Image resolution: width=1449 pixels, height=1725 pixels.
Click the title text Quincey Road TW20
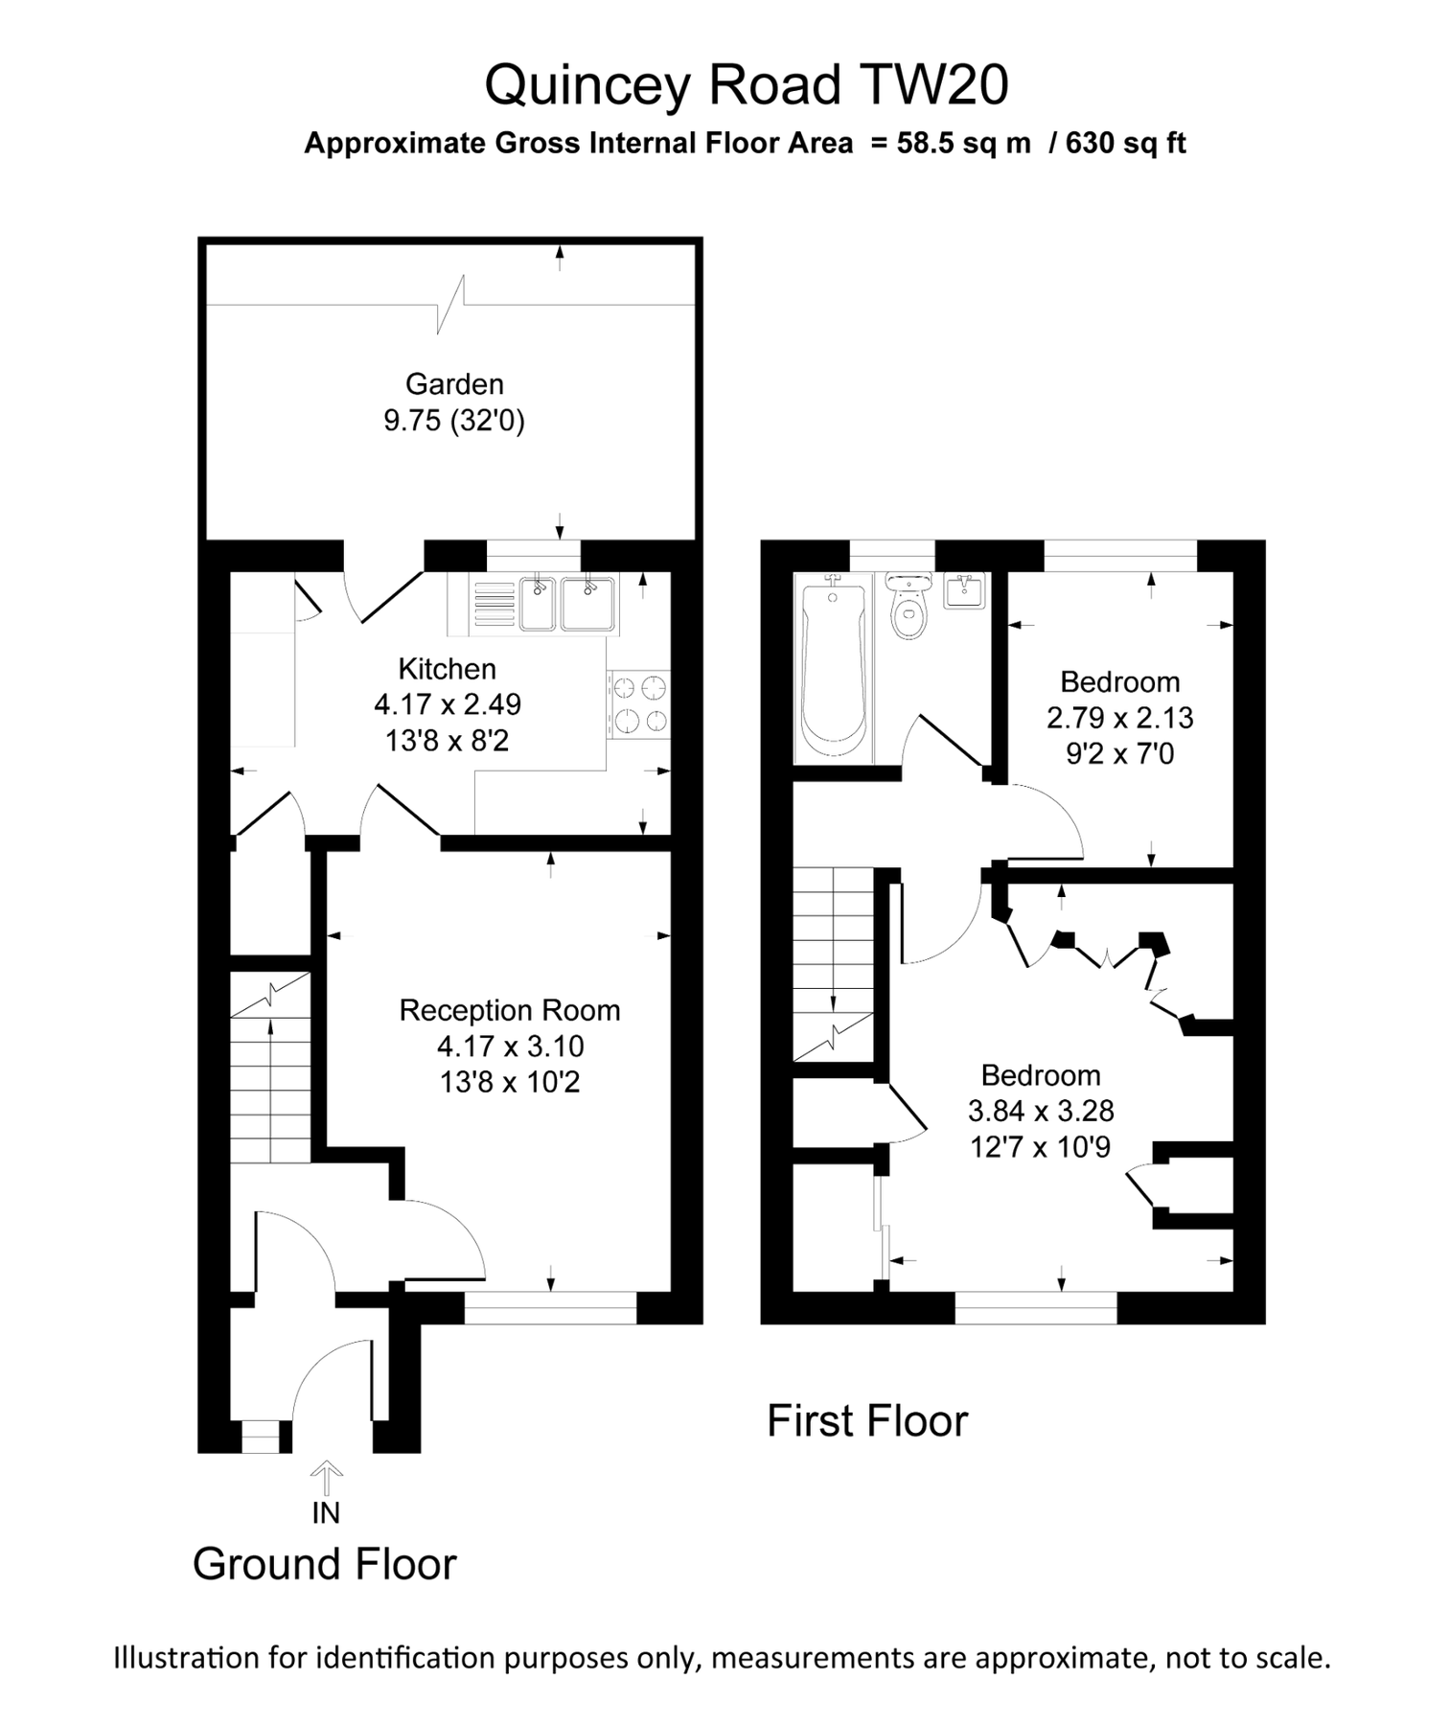(746, 85)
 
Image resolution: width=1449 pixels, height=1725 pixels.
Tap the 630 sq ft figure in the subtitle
(1125, 144)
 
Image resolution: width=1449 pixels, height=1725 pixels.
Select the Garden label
(454, 384)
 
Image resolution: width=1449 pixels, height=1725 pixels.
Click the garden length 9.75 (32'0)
(454, 421)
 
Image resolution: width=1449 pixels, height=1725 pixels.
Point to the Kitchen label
(447, 669)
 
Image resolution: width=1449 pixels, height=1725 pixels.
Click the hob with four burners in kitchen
(639, 704)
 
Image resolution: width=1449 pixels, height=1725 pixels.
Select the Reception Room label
(509, 1010)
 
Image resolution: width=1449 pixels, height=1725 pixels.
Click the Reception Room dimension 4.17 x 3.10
(510, 1046)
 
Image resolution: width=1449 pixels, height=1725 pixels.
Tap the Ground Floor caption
(324, 1564)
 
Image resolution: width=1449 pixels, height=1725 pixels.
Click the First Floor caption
(866, 1421)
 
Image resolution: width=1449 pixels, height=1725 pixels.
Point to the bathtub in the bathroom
(833, 671)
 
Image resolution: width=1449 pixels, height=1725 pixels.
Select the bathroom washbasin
(966, 590)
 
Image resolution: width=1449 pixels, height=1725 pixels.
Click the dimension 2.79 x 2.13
(1119, 718)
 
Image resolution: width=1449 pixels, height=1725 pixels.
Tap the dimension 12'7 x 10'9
(1040, 1147)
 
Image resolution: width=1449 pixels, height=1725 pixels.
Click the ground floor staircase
(270, 1083)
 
